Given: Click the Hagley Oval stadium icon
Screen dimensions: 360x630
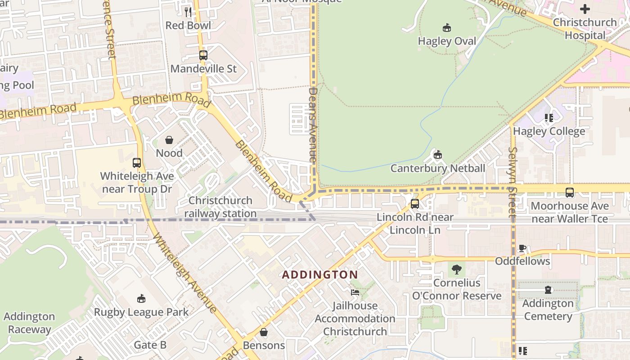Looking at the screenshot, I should (x=446, y=28).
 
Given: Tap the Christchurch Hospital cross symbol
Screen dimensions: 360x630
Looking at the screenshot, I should (x=585, y=9).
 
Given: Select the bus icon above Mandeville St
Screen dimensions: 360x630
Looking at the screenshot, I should (x=203, y=55).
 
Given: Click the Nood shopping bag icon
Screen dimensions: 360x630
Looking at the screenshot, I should (x=169, y=140).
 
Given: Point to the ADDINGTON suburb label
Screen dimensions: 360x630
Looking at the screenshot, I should (x=320, y=274).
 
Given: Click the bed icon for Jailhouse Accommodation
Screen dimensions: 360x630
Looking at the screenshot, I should (x=355, y=292).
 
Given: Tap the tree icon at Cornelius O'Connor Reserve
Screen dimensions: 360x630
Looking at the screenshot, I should (x=456, y=270).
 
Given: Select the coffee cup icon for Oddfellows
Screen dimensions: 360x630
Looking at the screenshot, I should (x=522, y=248).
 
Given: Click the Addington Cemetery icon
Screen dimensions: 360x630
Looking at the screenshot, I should (x=548, y=290).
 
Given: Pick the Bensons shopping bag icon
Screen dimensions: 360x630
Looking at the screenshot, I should (x=264, y=332).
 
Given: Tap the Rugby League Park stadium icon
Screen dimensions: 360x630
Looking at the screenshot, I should (x=141, y=298).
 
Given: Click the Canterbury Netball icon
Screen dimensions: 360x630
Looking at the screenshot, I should (x=437, y=155).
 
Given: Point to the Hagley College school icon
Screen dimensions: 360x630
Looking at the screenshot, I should (x=549, y=118).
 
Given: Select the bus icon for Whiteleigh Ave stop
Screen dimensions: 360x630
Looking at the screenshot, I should (x=137, y=163).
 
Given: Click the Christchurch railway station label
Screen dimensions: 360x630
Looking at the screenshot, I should (x=220, y=207).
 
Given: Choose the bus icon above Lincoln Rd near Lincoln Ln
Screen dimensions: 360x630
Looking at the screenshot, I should (x=415, y=203).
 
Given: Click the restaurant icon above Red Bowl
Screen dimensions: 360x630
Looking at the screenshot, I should (x=188, y=12).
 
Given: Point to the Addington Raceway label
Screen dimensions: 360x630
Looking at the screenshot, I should (x=29, y=323).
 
